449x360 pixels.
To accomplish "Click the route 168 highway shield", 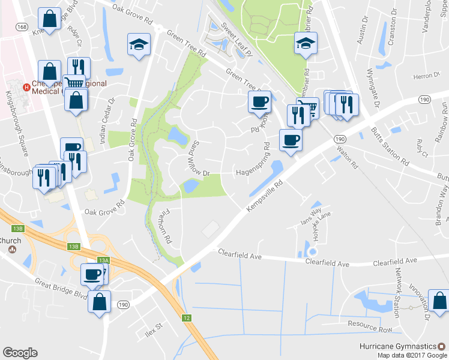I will click(x=22, y=27).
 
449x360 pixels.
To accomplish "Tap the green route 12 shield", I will click(x=187, y=317).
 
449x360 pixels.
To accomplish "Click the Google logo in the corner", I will click(x=20, y=353).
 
